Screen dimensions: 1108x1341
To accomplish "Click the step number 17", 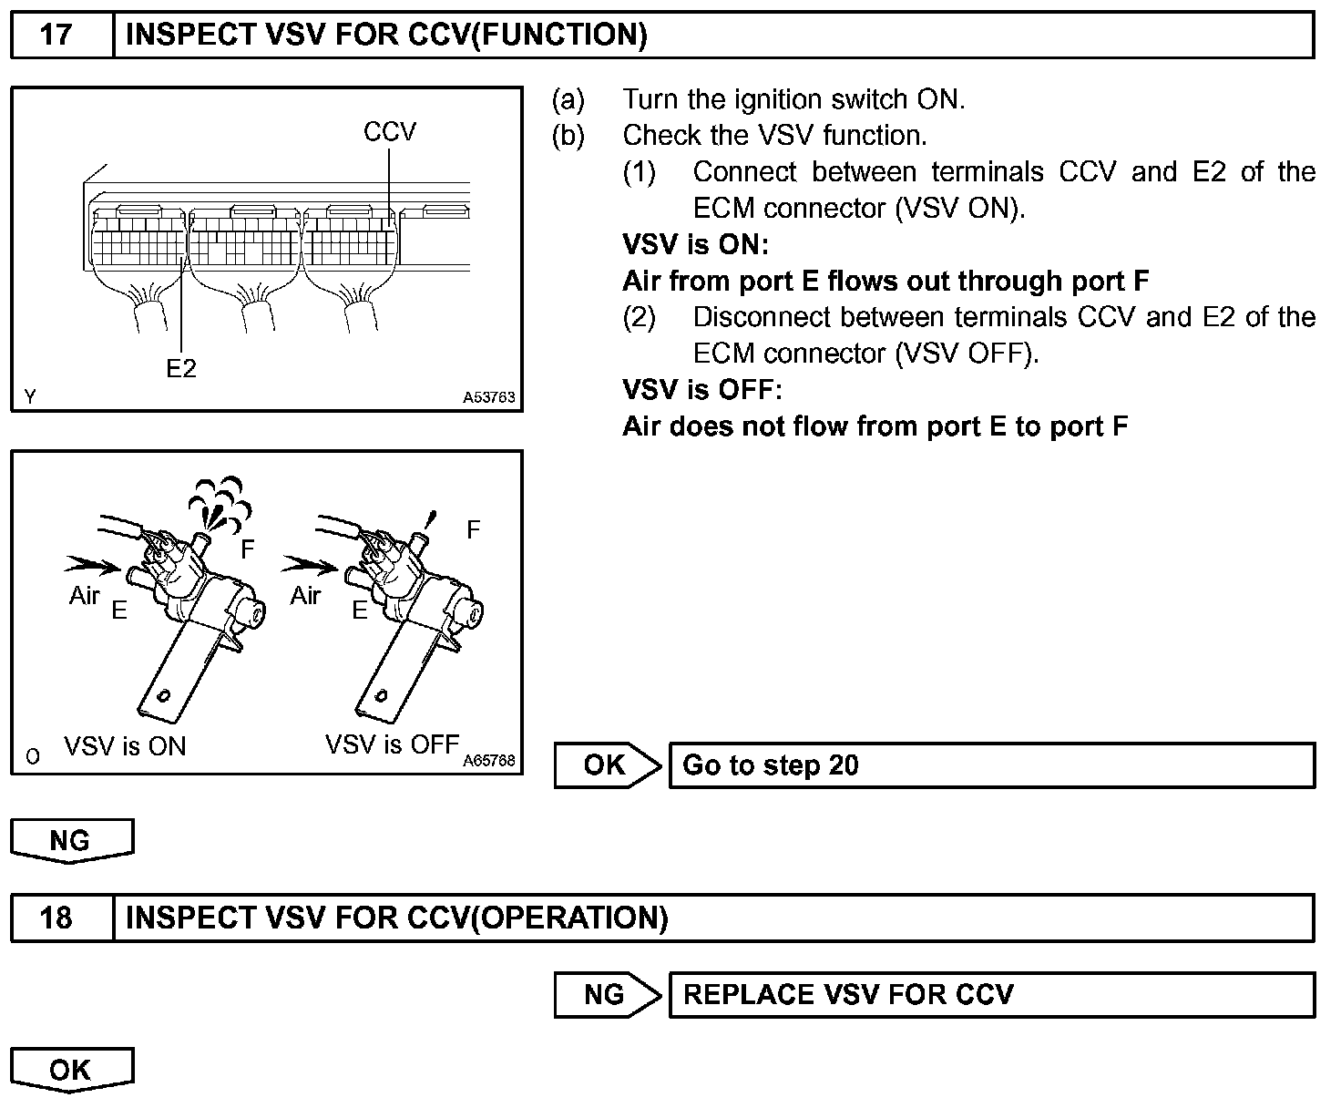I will click(56, 36).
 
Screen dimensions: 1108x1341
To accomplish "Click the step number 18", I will click(56, 918).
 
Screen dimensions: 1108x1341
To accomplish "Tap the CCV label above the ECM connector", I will click(389, 132).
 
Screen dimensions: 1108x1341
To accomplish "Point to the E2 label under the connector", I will click(181, 368).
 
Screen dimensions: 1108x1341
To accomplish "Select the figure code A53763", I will click(488, 397).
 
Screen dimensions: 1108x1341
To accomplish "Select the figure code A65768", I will click(488, 760).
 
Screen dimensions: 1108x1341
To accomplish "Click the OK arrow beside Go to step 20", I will click(606, 765).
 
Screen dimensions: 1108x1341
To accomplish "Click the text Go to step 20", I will click(771, 765).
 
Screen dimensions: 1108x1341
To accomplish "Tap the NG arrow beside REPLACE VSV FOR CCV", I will click(606, 994).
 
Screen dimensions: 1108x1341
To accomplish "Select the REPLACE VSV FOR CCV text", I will click(848, 994).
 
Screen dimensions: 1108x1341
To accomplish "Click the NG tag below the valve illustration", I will click(71, 839).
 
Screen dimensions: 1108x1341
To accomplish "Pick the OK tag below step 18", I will click(71, 1069).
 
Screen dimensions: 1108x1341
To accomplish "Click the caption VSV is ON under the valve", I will click(125, 747).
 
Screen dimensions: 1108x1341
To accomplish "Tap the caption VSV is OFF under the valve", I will click(392, 744).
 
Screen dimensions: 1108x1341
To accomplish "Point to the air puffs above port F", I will click(216, 499).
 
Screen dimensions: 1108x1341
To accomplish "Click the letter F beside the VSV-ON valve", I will click(248, 549).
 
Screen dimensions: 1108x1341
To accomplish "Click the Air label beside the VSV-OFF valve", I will click(306, 596).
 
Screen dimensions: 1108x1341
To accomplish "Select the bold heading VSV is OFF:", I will click(701, 390).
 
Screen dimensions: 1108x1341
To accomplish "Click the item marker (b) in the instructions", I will click(568, 136).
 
